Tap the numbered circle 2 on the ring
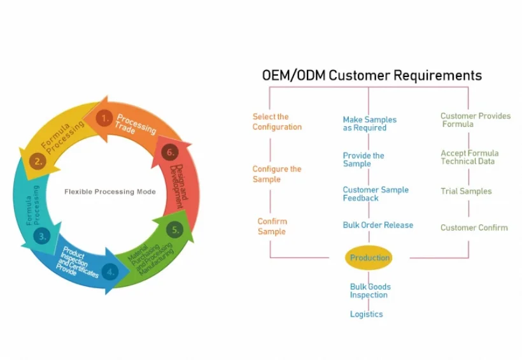pos(38,161)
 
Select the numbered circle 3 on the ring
pos(43,236)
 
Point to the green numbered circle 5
pos(175,229)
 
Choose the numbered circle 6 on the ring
pos(169,152)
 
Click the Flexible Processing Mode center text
pos(110,192)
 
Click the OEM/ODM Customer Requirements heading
pos(372,75)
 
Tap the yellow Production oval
pos(369,258)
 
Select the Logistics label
pos(366,314)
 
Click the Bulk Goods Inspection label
pos(370,291)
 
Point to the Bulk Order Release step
pos(377,225)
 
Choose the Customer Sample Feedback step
pos(376,194)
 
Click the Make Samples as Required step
pos(369,124)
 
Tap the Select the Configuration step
pos(277,122)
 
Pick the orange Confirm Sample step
pos(272,226)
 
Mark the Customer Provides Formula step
pos(475,120)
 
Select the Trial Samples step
pos(466,191)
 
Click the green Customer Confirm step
pos(474,227)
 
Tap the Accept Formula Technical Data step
pos(469,157)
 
